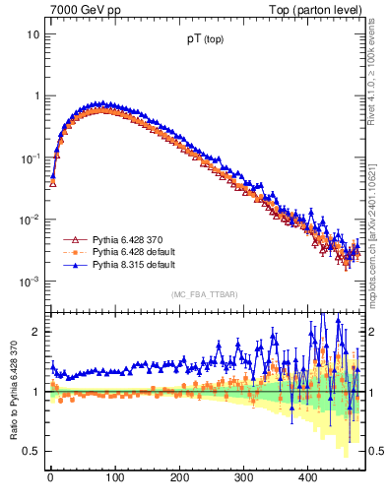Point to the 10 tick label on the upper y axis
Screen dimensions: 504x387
point(32,34)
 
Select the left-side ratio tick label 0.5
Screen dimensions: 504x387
point(32,451)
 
